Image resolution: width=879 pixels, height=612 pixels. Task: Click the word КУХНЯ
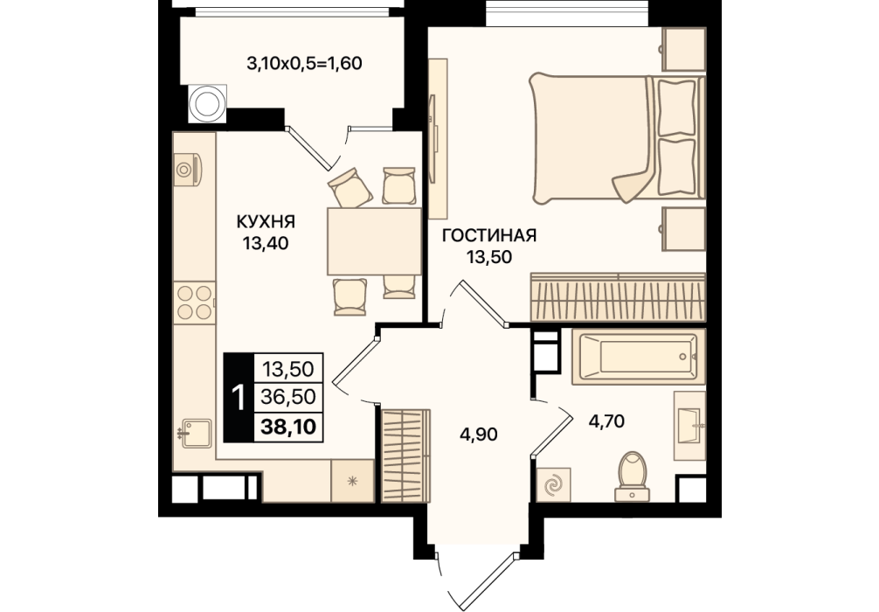266,222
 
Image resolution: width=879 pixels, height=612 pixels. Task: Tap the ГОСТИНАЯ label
489,235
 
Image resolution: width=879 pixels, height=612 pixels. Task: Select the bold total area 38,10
288,427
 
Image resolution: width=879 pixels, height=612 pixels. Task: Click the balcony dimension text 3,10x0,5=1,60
304,64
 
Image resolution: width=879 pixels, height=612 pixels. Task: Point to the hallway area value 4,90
478,435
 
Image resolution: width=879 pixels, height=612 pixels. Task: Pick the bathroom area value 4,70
606,421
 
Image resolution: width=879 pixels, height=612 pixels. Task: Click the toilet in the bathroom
633,476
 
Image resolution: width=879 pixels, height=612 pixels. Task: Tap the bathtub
639,357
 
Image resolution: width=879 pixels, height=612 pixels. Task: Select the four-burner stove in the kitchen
194,303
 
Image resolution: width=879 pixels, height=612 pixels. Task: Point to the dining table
374,241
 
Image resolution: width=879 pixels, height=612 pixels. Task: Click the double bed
617,138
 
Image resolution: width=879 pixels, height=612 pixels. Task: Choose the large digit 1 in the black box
239,398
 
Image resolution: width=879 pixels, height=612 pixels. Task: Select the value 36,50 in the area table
288,397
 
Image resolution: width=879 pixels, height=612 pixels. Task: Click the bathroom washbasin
689,426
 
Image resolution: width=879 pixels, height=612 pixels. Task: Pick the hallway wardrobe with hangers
406,455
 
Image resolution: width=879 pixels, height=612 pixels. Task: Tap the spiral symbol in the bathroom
553,485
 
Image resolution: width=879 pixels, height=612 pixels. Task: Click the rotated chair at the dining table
350,187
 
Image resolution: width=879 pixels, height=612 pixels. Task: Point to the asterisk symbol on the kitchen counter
353,481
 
